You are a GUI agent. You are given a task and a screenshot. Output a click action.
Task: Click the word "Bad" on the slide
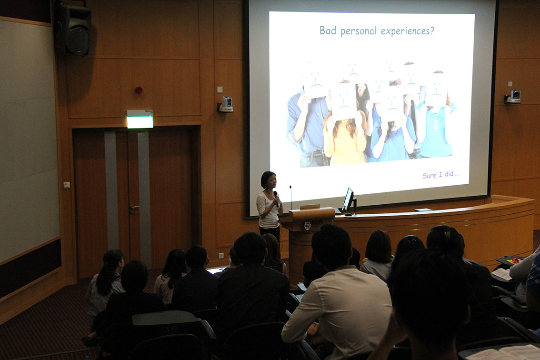coord(328,30)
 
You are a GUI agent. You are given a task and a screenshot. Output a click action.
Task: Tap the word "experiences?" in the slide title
coord(408,31)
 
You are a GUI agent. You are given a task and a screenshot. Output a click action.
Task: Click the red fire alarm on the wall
coord(139,90)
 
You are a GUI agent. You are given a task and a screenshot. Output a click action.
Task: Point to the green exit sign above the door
coord(140,119)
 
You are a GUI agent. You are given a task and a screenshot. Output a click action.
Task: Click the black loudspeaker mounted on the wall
coord(73,30)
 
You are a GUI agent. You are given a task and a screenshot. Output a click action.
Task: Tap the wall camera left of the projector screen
coord(226,104)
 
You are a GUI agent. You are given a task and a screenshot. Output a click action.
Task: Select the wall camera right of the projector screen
coord(513,97)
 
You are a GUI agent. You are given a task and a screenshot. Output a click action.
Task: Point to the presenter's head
coord(268,180)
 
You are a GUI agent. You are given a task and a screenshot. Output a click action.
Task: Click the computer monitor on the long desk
coord(349,200)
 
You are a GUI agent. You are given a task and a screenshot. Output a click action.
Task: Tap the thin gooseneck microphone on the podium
coord(291,198)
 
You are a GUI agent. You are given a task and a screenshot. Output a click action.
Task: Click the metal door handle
coord(134,209)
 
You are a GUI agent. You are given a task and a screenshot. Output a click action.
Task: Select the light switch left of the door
coord(67,185)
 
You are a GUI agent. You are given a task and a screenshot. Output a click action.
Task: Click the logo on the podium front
coord(308,225)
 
